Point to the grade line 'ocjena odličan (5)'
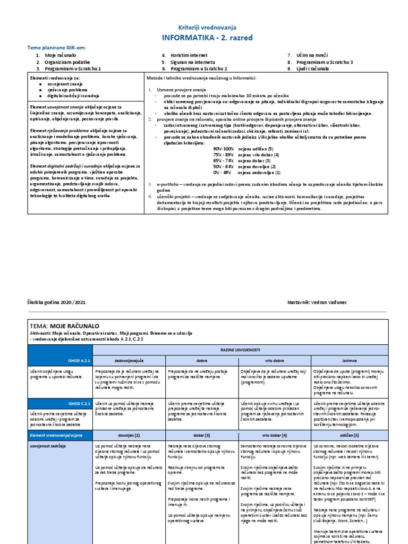coord(256,149)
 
